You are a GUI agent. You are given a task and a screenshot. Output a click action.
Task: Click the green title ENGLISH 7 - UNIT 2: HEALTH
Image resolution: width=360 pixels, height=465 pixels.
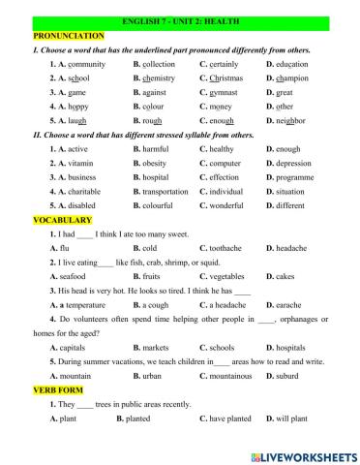pos(180,19)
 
